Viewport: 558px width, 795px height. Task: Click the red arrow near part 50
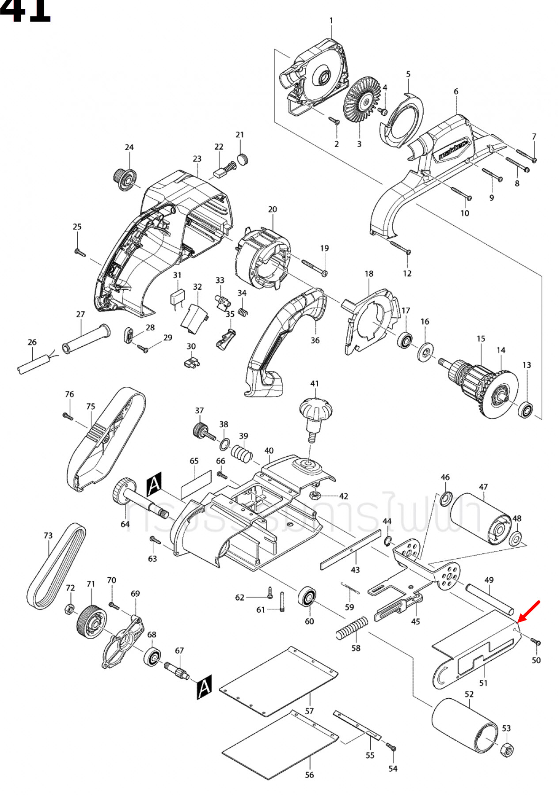click(529, 611)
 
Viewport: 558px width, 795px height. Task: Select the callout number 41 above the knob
click(314, 383)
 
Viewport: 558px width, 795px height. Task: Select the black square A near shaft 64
click(154, 484)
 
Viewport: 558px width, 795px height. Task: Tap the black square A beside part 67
click(204, 687)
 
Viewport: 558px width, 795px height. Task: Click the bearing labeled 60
click(307, 597)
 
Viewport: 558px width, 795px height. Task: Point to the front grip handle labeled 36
click(283, 340)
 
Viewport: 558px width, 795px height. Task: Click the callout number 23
click(197, 159)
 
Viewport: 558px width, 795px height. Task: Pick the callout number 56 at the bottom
click(309, 775)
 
